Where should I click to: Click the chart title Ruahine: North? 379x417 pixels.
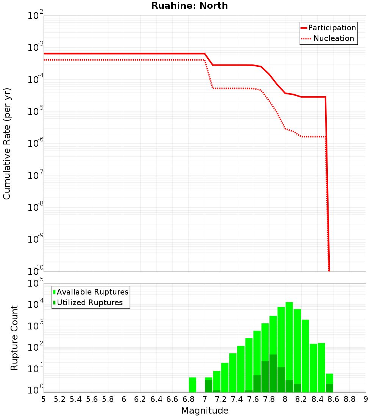click(x=189, y=6)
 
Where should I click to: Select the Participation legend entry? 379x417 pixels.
click(x=332, y=28)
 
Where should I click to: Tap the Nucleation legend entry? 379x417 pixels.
click(x=334, y=38)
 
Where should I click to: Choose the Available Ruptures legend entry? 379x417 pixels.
click(x=92, y=292)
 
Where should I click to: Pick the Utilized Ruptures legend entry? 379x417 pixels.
click(x=89, y=303)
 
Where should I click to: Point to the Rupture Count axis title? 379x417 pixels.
click(x=14, y=337)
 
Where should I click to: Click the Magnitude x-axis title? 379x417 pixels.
click(x=205, y=411)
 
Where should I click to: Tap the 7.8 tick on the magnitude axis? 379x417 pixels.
click(x=269, y=399)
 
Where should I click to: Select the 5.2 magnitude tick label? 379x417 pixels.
click(x=60, y=399)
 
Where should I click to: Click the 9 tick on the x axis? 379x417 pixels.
click(x=366, y=399)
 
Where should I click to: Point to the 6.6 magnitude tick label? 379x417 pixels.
click(x=172, y=399)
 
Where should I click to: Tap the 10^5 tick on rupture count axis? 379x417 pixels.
click(x=36, y=284)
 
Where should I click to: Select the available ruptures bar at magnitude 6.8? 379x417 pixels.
click(x=193, y=385)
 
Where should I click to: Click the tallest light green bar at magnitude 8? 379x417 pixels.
click(x=289, y=341)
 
